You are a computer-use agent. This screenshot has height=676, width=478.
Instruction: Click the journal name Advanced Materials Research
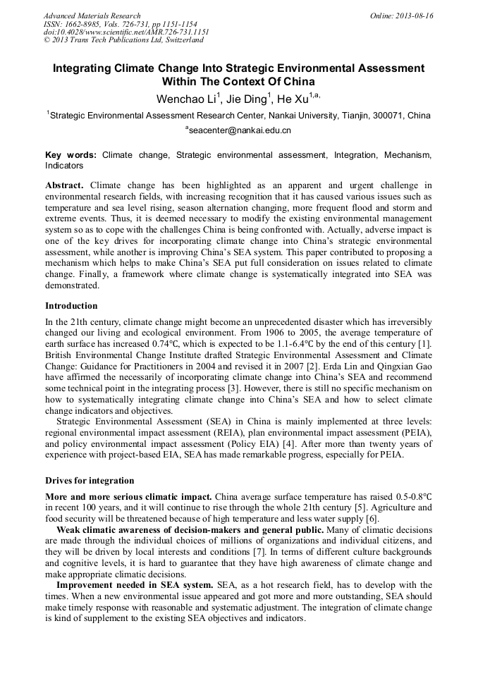pos(92,16)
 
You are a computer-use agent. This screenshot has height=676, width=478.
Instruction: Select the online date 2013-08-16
pos(415,16)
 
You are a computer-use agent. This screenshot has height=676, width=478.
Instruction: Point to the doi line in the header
pos(126,32)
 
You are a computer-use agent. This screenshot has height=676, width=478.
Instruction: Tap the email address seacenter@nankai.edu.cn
pos(240,130)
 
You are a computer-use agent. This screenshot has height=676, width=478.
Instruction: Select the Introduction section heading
pos(71,306)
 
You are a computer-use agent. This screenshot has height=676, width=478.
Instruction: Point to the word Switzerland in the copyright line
pos(181,40)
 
